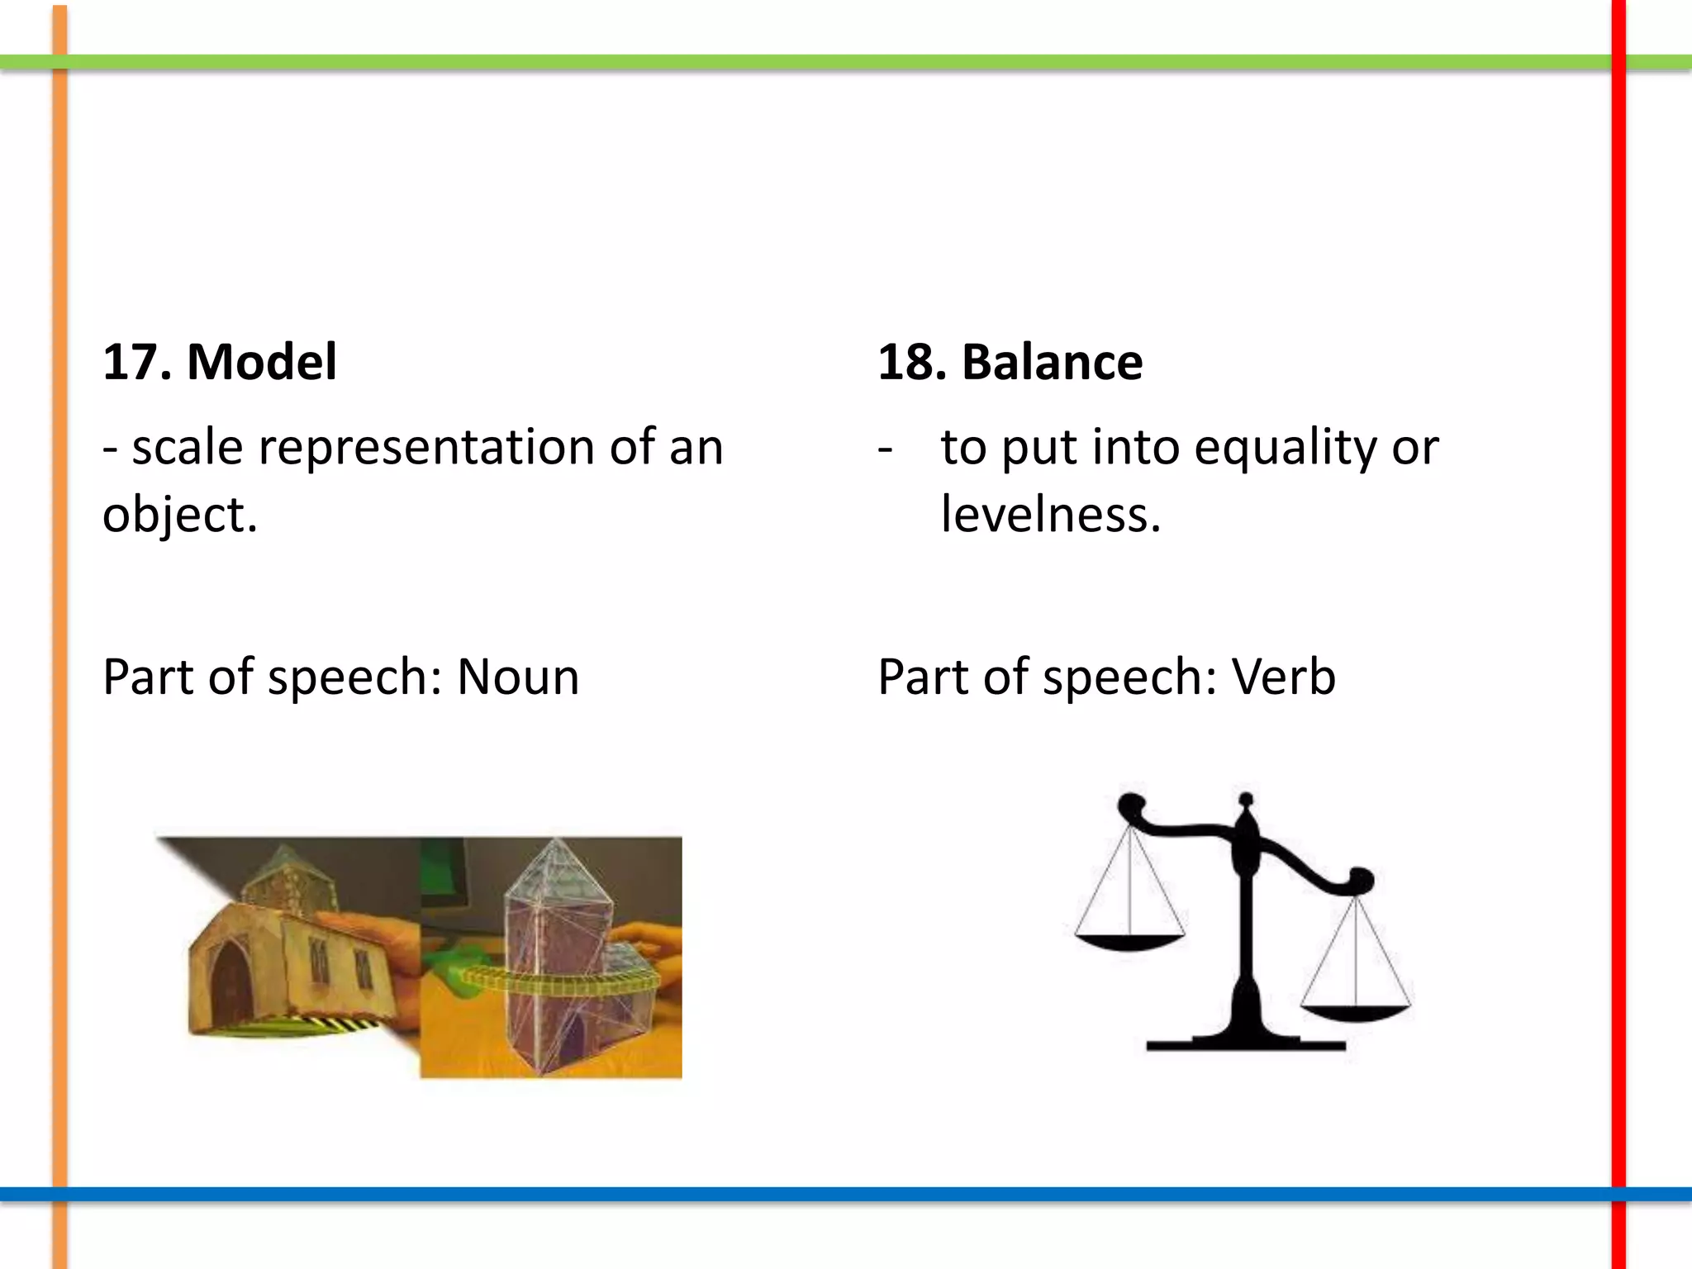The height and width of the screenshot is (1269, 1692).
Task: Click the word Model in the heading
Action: [x=262, y=362]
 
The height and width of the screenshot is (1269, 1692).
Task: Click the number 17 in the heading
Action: [x=132, y=362]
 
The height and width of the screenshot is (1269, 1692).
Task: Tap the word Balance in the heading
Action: [x=1052, y=362]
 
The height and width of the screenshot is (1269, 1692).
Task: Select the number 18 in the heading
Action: [x=907, y=362]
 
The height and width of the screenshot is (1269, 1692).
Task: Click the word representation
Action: [x=426, y=447]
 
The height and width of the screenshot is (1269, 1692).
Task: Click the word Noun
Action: [x=518, y=677]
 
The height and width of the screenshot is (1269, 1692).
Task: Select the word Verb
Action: [x=1283, y=677]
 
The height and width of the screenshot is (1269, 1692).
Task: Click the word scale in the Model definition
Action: [x=188, y=447]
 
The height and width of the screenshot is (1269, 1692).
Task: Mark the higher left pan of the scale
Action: [x=1129, y=941]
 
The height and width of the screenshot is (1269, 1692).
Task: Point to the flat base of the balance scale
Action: [x=1246, y=1044]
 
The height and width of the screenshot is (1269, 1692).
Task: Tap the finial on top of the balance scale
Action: [x=1246, y=800]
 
